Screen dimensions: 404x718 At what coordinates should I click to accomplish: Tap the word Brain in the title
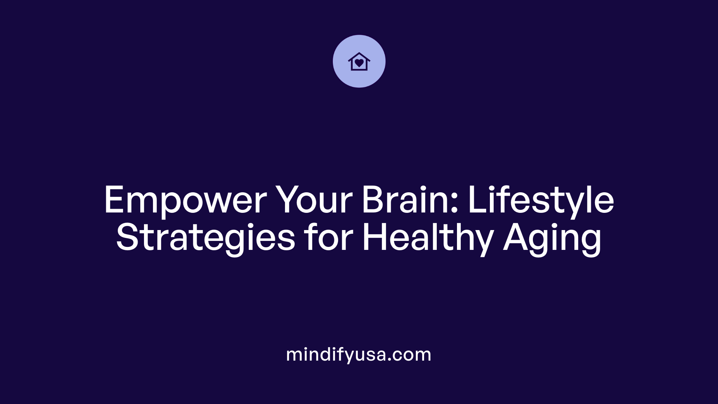pos(406,200)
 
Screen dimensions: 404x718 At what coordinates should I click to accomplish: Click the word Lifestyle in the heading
pos(541,200)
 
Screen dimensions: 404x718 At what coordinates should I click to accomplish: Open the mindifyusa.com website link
pos(359,355)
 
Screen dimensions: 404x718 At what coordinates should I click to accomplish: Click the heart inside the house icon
pos(359,63)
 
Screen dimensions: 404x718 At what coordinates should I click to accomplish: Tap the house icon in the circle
pos(359,61)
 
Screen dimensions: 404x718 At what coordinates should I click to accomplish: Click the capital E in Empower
pos(114,200)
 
